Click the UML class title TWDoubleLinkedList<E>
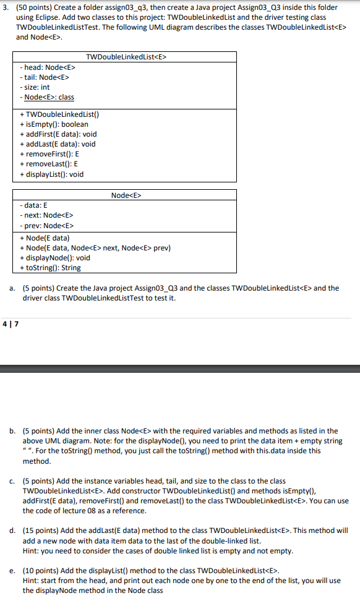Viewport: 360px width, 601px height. pyautogui.click(x=127, y=57)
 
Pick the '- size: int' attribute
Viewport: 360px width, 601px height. pyautogui.click(x=35, y=87)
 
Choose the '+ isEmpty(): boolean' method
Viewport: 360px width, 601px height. pyautogui.click(x=54, y=124)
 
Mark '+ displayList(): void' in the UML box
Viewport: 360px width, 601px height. pyautogui.click(x=52, y=174)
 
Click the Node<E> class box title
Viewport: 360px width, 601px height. pyautogui.click(x=126, y=195)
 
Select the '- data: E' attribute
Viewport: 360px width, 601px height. pyautogui.click(x=34, y=205)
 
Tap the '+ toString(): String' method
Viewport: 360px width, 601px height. pyautogui.click(x=51, y=268)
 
